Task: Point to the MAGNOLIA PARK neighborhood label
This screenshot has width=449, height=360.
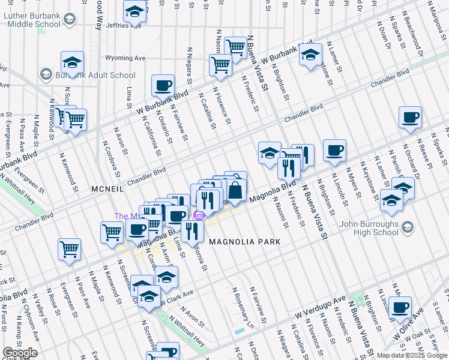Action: point(245,241)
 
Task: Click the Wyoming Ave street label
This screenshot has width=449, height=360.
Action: point(125,59)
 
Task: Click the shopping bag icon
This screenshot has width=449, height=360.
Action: point(235,190)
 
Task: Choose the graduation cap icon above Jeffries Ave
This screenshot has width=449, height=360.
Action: point(135,11)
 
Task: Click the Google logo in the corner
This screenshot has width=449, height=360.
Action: point(20,353)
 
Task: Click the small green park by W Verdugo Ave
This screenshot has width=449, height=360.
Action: point(361,298)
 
